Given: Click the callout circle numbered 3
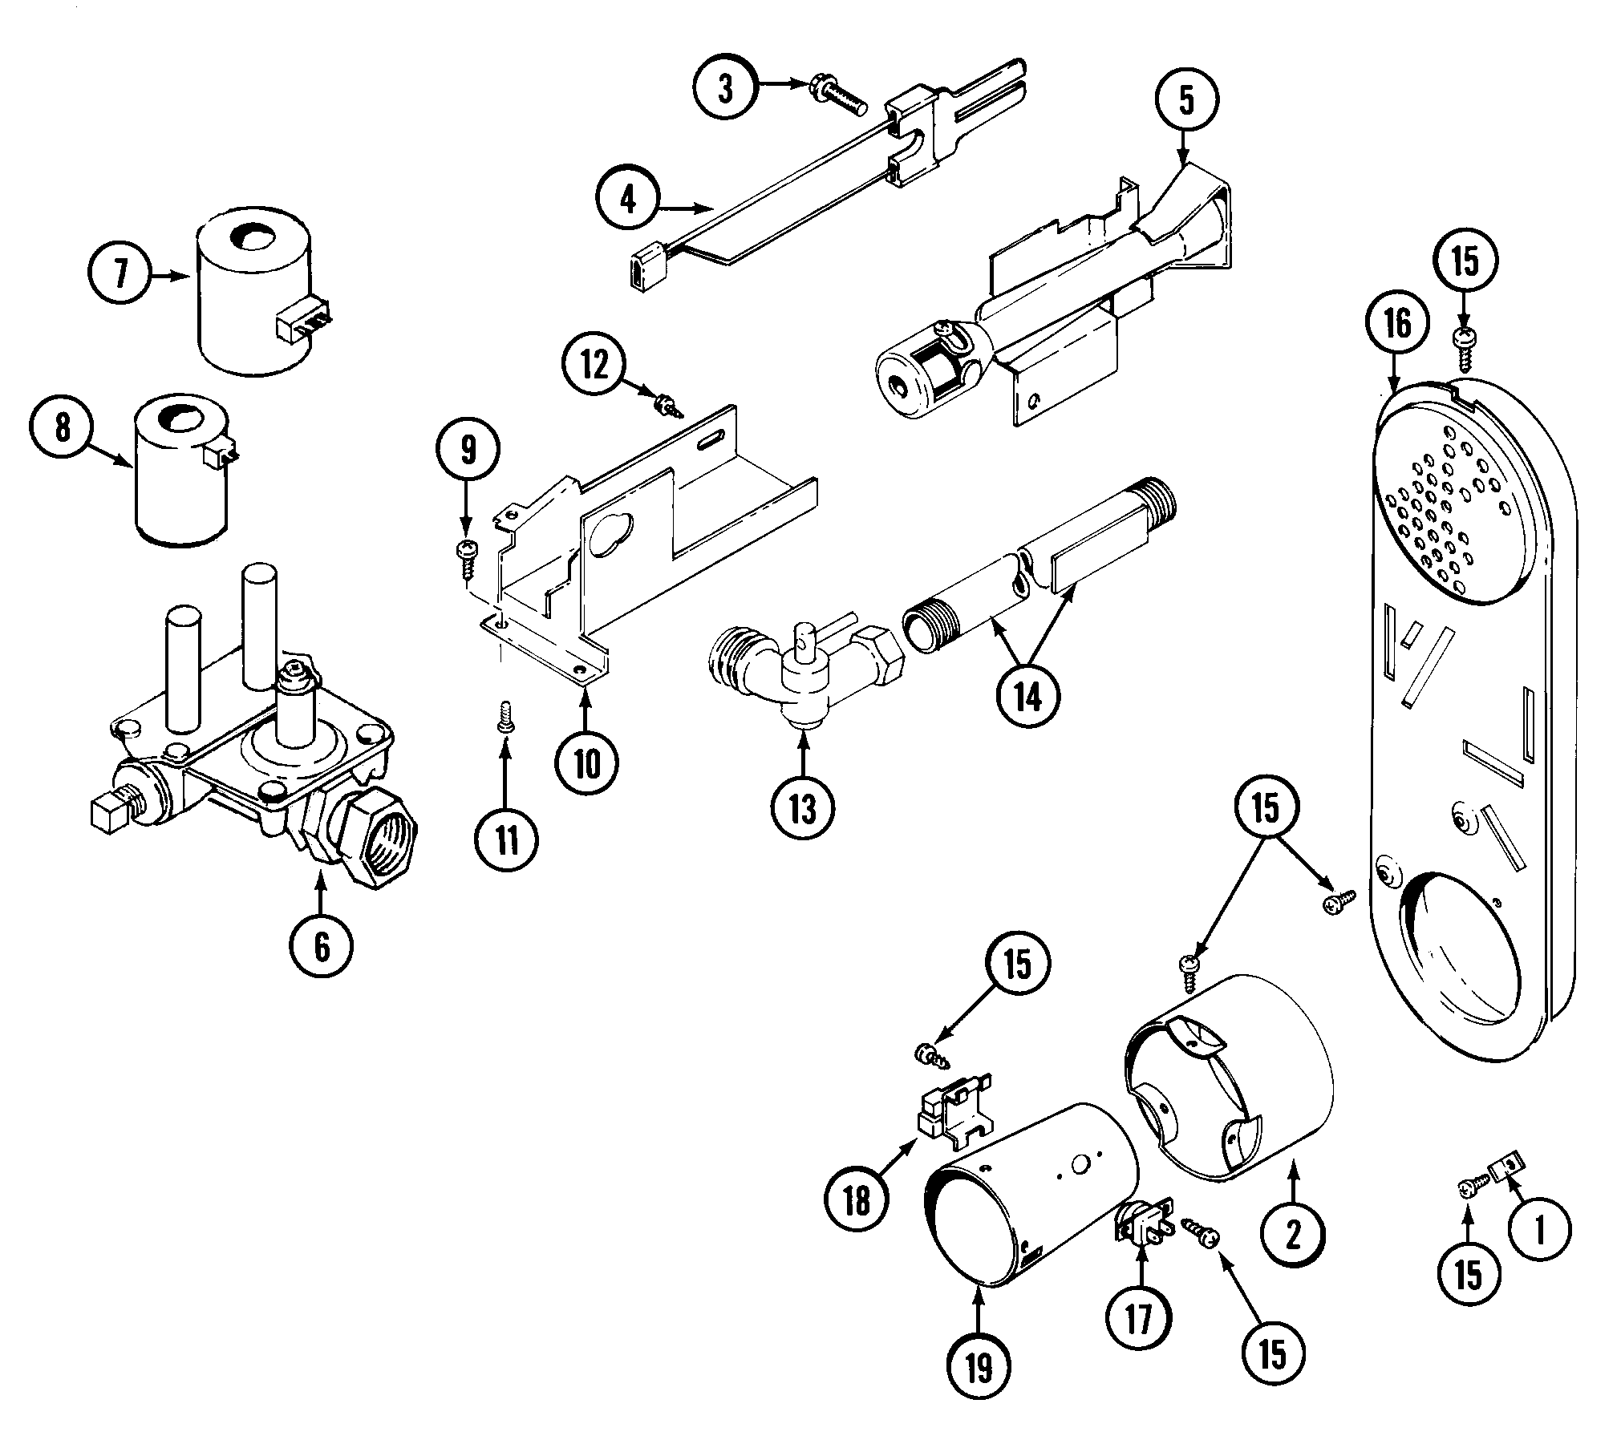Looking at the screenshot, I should (x=725, y=89).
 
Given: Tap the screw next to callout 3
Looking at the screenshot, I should (x=837, y=94).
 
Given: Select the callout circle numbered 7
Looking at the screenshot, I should (x=121, y=274).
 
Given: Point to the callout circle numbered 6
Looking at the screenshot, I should (x=322, y=947).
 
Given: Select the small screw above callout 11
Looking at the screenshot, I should (x=505, y=716).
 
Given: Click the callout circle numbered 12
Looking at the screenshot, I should (x=594, y=366).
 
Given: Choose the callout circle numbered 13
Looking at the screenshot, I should (x=803, y=808).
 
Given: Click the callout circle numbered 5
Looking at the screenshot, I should (x=1186, y=102).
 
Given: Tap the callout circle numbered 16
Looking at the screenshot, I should (x=1397, y=323).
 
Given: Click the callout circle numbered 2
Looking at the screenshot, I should (x=1293, y=1236).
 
